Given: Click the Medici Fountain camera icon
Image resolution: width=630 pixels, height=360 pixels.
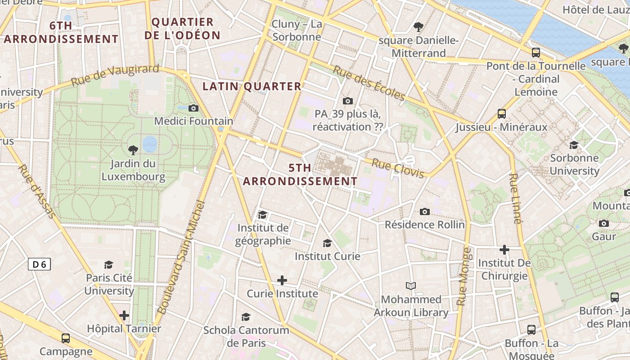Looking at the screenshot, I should point(193,108).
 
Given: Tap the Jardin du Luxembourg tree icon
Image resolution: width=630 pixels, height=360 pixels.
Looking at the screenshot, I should point(133,150).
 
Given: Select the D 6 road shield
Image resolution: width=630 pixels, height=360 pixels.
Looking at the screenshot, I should point(39,264).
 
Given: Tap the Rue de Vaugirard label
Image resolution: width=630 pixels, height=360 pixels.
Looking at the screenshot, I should point(115,75).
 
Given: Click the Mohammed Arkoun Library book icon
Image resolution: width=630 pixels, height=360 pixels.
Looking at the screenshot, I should point(410,286).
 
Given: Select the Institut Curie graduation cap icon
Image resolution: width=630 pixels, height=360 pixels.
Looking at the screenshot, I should point(327,243).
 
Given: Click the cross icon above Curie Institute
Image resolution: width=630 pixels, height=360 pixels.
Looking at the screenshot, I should point(282,280).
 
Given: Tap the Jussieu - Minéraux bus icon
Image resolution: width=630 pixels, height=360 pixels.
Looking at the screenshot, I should point(501,114).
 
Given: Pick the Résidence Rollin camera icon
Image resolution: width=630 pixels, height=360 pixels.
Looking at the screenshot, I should point(424,211).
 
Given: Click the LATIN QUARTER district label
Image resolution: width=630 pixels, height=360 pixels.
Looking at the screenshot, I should point(252,86).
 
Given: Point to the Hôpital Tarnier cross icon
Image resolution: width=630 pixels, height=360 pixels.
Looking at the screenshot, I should point(124,315).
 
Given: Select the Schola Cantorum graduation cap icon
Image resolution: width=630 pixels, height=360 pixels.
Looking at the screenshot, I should point(246,317).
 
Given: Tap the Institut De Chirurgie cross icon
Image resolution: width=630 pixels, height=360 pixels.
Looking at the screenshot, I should point(504,249).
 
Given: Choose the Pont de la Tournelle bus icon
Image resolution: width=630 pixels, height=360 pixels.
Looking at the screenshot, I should point(535,53).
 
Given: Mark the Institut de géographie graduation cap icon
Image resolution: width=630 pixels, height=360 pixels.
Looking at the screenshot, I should point(262,215).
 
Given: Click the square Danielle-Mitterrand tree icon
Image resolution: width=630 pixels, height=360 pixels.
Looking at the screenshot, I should point(418,27).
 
